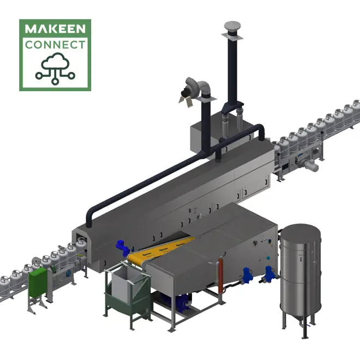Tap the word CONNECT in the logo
55,45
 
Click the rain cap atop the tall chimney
232,27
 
